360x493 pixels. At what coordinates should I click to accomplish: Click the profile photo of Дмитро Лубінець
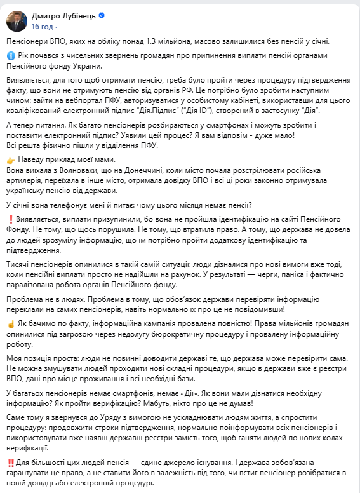coord(15,20)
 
